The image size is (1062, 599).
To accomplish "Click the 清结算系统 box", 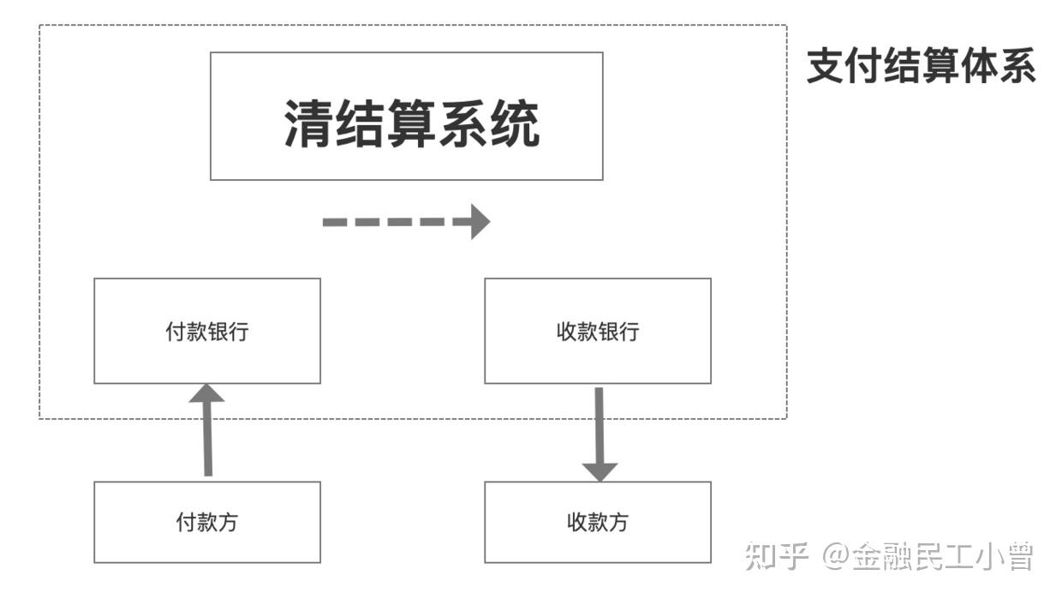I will (x=406, y=116).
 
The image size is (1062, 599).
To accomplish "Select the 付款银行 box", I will (x=207, y=331).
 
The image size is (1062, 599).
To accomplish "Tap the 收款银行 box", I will (x=598, y=331).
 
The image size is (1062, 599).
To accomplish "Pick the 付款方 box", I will (x=207, y=522).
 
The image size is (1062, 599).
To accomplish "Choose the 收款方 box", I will (x=598, y=522).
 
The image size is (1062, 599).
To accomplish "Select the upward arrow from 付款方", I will (x=207, y=431).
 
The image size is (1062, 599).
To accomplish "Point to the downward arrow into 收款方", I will (x=600, y=434).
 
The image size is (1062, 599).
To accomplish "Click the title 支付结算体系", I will (x=922, y=66).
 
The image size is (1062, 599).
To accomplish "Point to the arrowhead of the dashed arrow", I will (x=480, y=222).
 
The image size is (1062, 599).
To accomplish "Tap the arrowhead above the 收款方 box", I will (x=600, y=470).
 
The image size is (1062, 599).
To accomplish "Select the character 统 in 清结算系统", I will (x=515, y=125).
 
